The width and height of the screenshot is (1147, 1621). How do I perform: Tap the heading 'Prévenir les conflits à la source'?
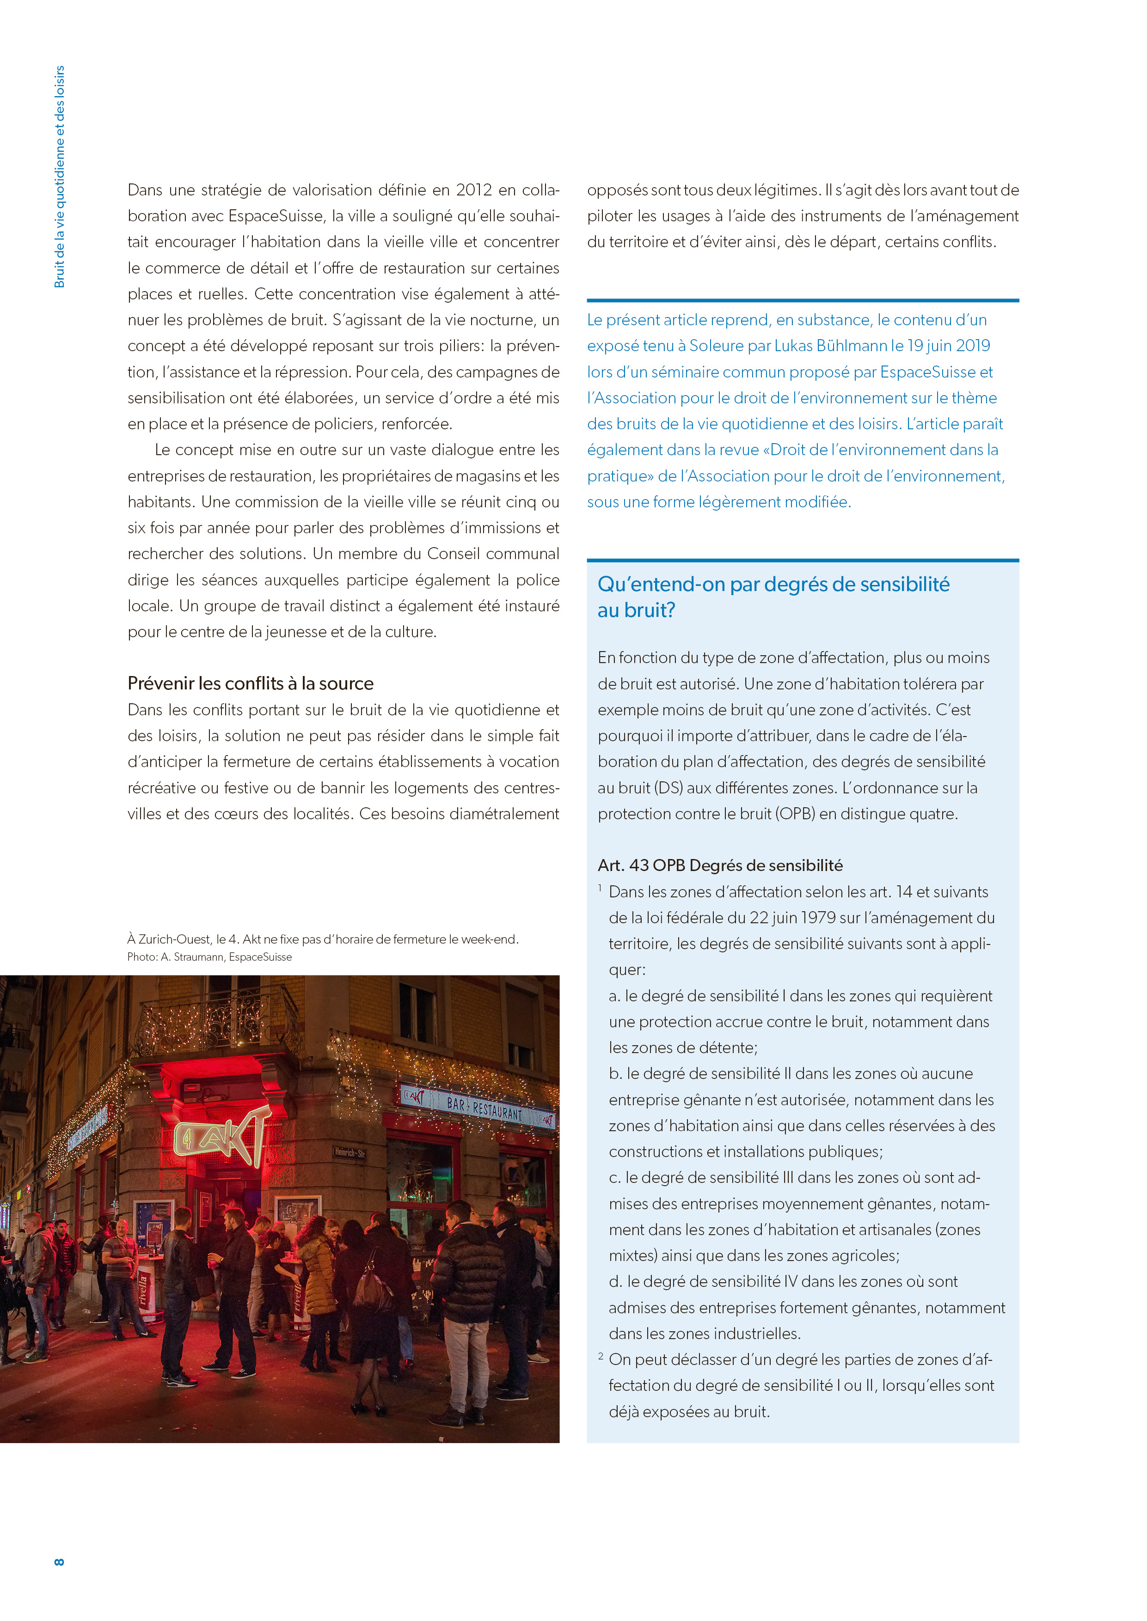point(250,683)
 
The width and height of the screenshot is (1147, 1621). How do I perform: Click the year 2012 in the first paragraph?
point(473,190)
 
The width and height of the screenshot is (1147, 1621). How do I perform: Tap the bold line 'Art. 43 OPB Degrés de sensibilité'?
point(720,865)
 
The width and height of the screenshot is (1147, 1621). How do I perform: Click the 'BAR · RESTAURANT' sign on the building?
point(484,1108)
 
